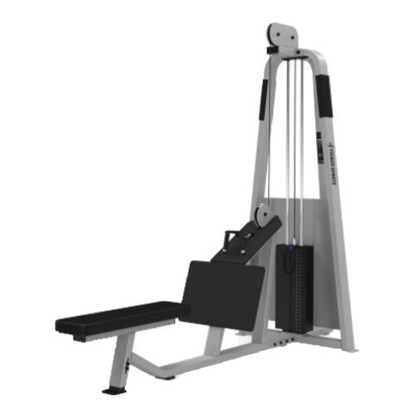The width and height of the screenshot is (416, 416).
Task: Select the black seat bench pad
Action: [121, 319]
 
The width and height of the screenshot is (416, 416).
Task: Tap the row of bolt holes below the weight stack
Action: [283, 339]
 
